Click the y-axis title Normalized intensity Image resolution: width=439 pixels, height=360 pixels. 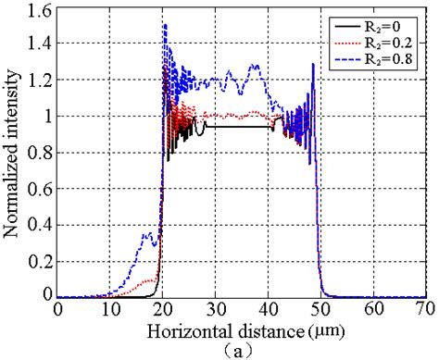coord(13,153)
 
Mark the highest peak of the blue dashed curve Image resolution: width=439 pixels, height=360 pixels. coord(165,25)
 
